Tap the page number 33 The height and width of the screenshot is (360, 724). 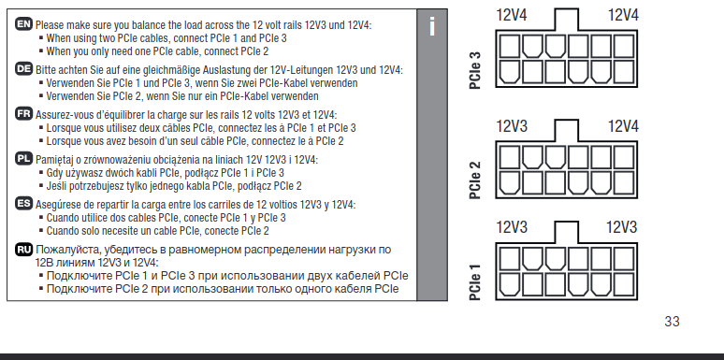tap(672, 322)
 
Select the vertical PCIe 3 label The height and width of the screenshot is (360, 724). tap(474, 71)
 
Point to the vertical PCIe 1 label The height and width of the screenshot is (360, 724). tap(474, 279)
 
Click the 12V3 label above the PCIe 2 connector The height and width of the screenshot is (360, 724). tap(512, 125)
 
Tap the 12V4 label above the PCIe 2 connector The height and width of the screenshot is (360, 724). tap(623, 125)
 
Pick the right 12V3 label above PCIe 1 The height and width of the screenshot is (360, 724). tap(621, 226)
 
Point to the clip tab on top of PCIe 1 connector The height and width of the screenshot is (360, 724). tap(567, 231)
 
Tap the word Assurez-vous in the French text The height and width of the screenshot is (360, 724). tap(60, 114)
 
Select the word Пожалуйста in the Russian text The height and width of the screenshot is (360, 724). tap(70, 250)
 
